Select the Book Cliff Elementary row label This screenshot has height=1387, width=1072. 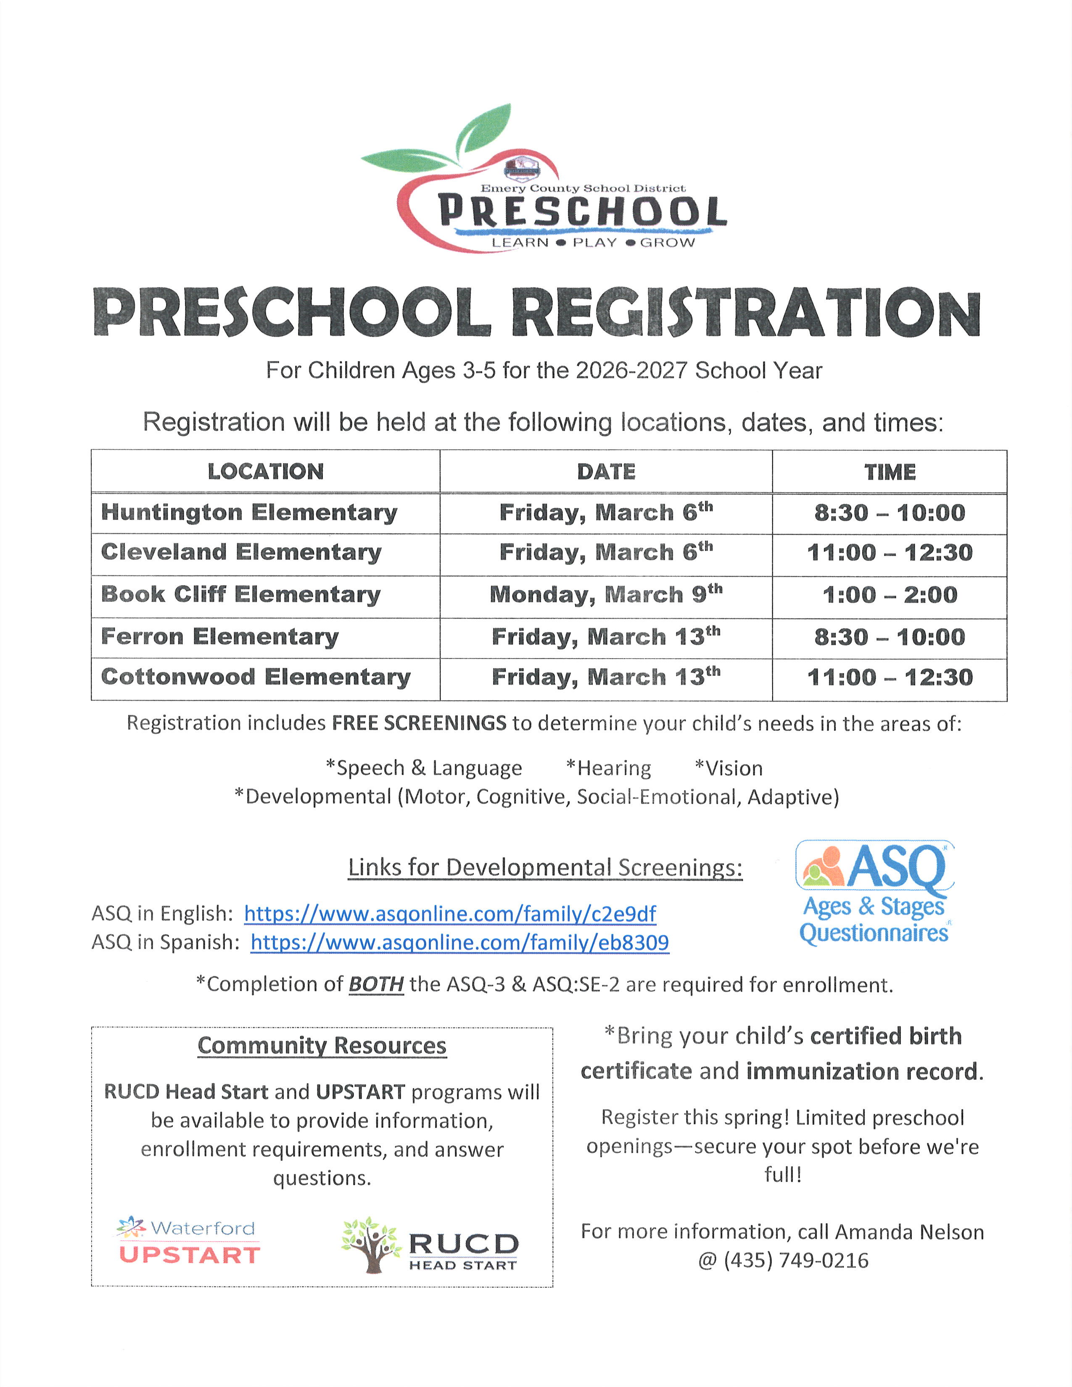[241, 594]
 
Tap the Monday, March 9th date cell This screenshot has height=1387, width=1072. [606, 594]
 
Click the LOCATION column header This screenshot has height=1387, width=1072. [265, 471]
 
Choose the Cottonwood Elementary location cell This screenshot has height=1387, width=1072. [256, 677]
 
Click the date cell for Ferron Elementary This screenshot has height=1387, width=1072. [606, 636]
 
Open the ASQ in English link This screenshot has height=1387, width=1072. [450, 914]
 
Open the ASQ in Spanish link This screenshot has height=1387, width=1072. [460, 942]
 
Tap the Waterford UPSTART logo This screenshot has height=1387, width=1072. [189, 1241]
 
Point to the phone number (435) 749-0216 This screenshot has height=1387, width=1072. [796, 1260]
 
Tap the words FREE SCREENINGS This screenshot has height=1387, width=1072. [419, 723]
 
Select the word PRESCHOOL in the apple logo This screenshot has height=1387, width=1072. [582, 211]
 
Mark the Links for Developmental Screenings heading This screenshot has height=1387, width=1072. [545, 868]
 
